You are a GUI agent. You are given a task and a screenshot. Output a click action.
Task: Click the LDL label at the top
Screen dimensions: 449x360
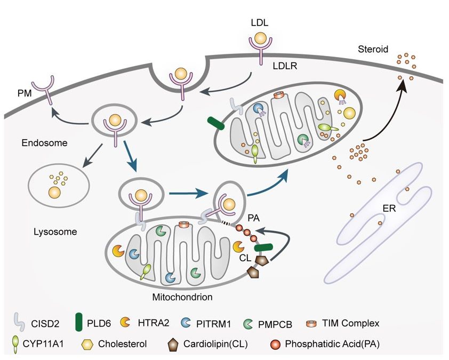(260, 22)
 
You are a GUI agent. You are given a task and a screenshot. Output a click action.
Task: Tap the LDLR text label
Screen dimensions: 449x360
(285, 66)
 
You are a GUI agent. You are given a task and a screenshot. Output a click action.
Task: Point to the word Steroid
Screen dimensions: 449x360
(373, 49)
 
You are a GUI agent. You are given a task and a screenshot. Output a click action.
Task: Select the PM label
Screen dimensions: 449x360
(25, 93)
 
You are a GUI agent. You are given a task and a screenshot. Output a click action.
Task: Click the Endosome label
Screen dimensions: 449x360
(44, 142)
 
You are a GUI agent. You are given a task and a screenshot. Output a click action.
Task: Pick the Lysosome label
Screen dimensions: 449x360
(55, 231)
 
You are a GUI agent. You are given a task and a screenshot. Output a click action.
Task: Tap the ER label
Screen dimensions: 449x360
(389, 209)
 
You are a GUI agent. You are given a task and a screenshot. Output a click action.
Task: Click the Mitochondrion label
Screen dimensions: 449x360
(182, 297)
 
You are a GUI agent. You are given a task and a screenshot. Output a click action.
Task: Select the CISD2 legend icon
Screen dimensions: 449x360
(19, 323)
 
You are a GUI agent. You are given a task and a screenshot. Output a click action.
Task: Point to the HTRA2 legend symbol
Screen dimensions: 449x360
(125, 322)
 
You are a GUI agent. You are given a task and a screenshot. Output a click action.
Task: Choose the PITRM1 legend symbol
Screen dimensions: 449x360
(186, 323)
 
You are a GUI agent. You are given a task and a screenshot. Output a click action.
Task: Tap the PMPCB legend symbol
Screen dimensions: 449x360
(247, 324)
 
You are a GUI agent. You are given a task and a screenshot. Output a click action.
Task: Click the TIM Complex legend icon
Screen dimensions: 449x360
(312, 323)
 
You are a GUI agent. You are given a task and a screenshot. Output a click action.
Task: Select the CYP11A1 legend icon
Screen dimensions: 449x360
(15, 344)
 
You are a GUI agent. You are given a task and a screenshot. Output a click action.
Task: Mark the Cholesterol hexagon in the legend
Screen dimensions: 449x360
(87, 344)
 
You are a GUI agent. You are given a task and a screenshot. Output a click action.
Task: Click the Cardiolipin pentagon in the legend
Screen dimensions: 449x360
(173, 344)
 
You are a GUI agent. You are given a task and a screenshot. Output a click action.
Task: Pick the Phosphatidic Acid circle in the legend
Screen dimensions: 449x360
(275, 345)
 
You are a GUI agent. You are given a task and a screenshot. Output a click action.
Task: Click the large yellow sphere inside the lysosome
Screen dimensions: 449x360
(55, 192)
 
